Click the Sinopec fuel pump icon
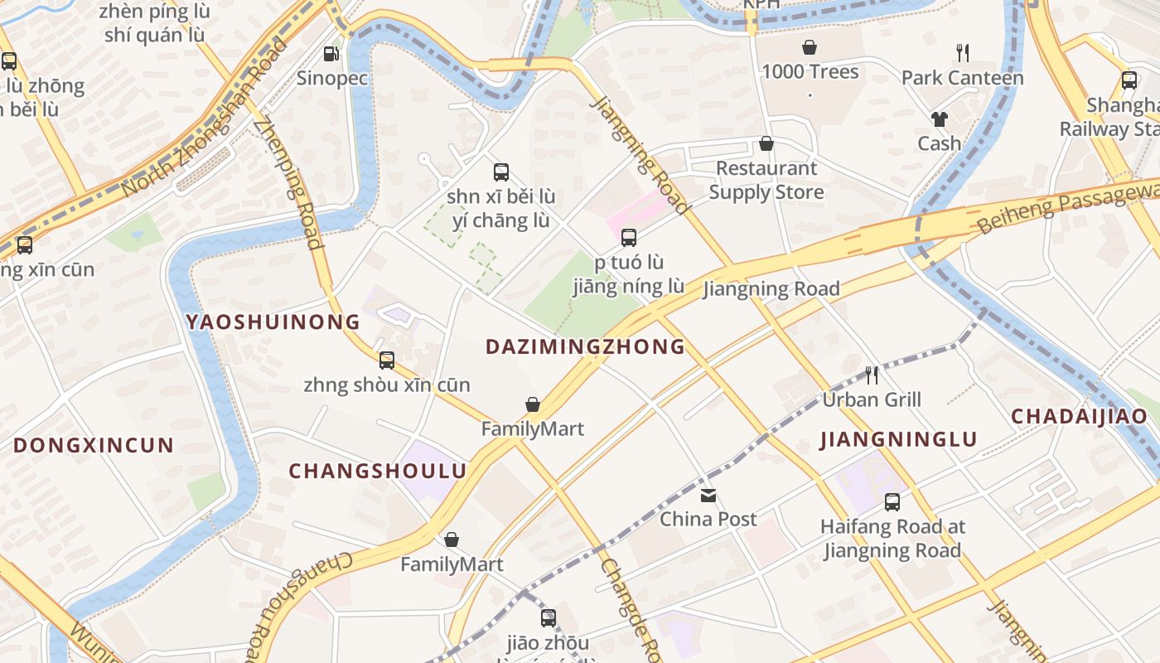click(x=331, y=54)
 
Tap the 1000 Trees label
click(x=810, y=72)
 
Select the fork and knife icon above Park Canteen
click(x=962, y=53)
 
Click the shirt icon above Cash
click(x=939, y=119)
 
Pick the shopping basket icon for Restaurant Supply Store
click(x=766, y=144)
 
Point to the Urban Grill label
click(x=871, y=399)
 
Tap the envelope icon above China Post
click(x=708, y=496)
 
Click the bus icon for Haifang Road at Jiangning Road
click(x=892, y=502)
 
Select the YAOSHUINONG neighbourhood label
click(x=273, y=322)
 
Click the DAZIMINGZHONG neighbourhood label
click(x=585, y=346)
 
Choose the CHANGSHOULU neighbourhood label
click(x=377, y=471)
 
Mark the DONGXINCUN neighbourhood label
click(x=94, y=445)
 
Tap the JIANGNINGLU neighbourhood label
click(x=899, y=439)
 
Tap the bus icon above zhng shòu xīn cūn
click(x=387, y=361)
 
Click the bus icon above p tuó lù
click(x=629, y=238)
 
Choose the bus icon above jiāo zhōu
click(x=549, y=618)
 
